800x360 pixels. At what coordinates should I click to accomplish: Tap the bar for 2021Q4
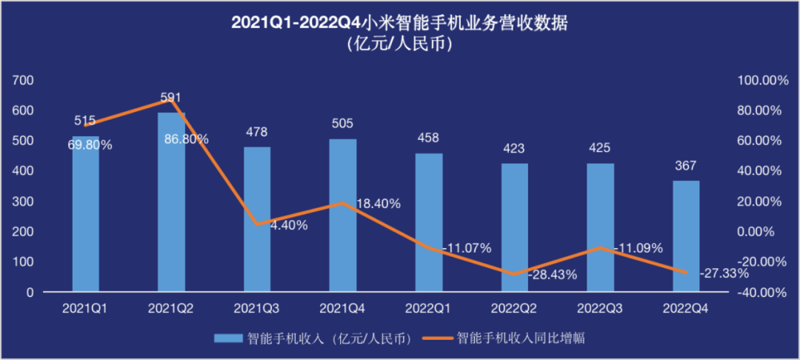click(343, 215)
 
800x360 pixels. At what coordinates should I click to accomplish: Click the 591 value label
click(171, 98)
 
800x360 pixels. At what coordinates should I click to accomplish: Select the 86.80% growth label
click(184, 139)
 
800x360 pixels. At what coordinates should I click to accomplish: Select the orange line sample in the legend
click(436, 339)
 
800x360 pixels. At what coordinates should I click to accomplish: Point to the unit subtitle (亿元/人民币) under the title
click(399, 44)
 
